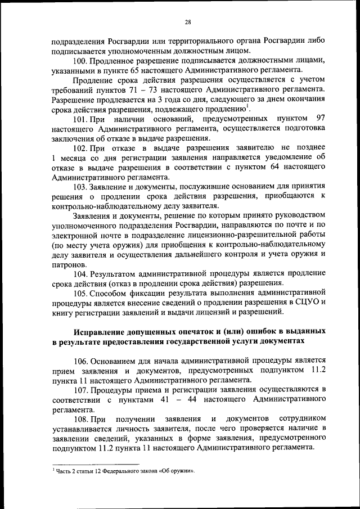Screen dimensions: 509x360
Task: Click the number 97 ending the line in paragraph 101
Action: pyautogui.click(x=321, y=118)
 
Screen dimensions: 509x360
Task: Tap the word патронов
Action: pyautogui.click(x=67, y=264)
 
